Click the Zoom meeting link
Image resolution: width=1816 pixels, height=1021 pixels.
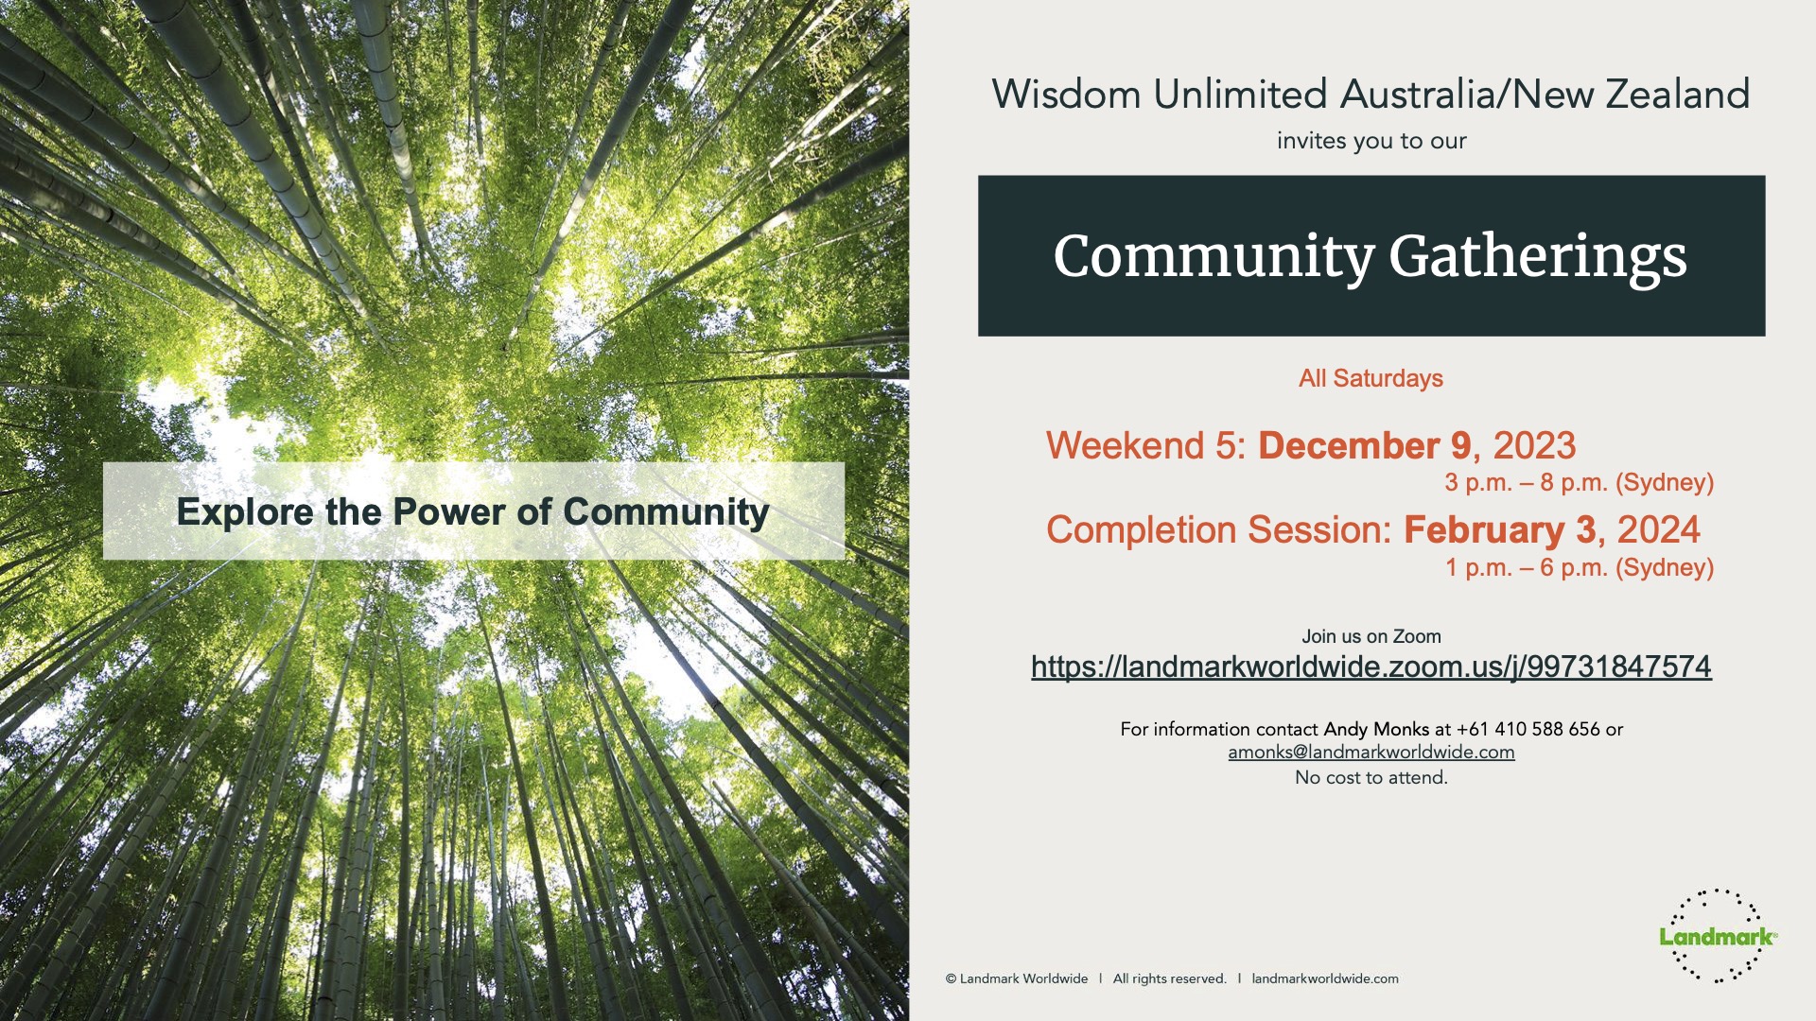point(1371,666)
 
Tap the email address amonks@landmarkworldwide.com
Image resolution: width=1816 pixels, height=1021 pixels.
point(1371,753)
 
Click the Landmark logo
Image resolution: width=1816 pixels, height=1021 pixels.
point(1718,936)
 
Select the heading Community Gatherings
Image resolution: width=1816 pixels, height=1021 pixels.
point(1371,257)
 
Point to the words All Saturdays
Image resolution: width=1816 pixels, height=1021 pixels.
point(1371,378)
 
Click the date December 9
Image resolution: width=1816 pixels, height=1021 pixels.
point(1364,445)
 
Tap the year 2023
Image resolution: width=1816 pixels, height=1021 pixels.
point(1534,445)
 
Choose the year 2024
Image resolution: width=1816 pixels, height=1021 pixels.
point(1659,529)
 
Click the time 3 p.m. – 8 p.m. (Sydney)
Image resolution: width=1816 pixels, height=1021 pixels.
point(1580,483)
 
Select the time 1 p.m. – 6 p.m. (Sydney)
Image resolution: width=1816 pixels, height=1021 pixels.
point(1580,567)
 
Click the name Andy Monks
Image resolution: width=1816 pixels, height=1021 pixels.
point(1376,729)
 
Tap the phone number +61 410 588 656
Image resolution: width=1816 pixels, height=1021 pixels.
point(1528,729)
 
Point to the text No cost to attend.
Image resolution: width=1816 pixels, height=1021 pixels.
point(1371,777)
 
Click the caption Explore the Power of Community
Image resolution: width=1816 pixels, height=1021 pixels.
point(473,511)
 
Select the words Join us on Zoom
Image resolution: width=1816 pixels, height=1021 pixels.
point(1371,636)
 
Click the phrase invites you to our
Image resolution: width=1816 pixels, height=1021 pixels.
point(1371,141)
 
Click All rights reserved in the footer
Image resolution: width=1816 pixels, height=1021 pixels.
point(1169,978)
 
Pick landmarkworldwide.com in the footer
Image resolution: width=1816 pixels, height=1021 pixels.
point(1325,978)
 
